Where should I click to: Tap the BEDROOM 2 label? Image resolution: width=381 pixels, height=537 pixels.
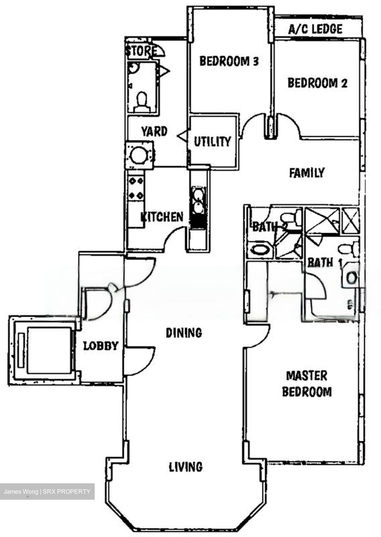click(317, 83)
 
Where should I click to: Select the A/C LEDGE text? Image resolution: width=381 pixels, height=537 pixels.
click(315, 29)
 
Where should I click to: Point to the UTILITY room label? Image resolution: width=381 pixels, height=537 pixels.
click(212, 141)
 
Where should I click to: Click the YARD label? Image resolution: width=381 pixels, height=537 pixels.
click(154, 131)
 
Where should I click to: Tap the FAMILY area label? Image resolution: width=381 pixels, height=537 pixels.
click(307, 173)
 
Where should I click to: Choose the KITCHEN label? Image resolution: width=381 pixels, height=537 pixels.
click(162, 217)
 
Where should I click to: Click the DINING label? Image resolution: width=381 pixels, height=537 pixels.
click(184, 332)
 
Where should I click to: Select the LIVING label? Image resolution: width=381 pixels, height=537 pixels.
click(186, 467)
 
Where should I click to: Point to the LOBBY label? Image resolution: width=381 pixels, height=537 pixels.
click(101, 346)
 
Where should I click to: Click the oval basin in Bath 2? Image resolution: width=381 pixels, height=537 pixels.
click(257, 249)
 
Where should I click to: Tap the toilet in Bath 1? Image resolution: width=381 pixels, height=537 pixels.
click(348, 248)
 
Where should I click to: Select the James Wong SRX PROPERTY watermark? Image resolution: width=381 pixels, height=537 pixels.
click(47, 492)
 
